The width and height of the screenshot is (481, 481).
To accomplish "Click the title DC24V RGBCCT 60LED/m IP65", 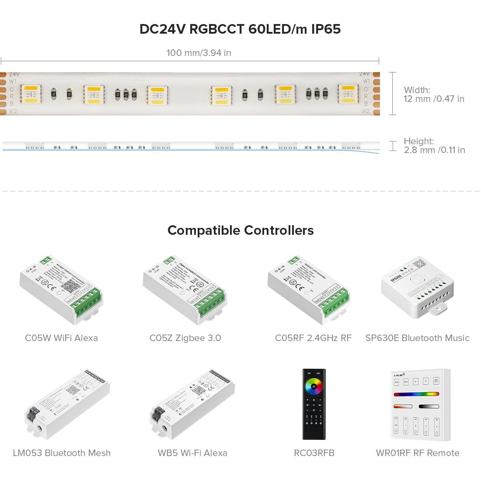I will (240, 29).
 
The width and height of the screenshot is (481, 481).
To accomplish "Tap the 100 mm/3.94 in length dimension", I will (199, 53).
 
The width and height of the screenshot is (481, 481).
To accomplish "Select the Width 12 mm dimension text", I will (433, 94).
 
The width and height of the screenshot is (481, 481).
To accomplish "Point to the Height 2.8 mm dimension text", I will (434, 146).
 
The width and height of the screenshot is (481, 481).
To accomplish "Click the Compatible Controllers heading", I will (240, 230).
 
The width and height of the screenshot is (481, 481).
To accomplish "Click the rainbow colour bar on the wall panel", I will (416, 394).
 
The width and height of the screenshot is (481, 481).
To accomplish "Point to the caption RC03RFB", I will (314, 453).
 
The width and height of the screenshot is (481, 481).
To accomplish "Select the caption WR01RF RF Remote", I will (418, 453).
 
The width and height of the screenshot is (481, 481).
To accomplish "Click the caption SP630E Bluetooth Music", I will (417, 338).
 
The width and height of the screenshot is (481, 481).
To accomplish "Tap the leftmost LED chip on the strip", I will (31, 94).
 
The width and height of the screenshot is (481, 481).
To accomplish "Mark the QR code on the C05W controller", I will (70, 286).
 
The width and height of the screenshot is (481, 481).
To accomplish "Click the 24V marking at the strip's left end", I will (14, 75).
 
